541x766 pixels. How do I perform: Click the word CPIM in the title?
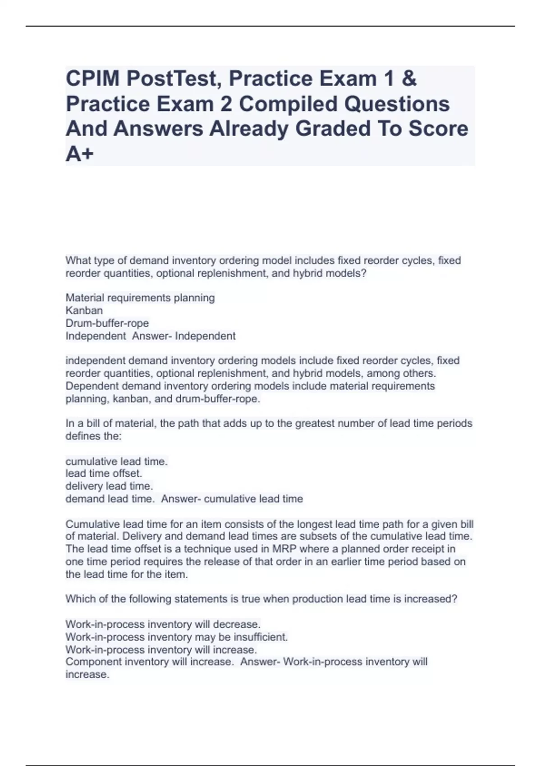[92, 79]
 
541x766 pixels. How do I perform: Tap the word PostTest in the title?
[175, 79]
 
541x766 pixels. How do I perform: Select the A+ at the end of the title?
[80, 154]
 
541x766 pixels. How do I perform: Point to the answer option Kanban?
[84, 310]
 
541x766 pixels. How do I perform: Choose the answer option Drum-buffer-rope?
[107, 323]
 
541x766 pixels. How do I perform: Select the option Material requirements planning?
[140, 298]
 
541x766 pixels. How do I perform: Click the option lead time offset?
[104, 474]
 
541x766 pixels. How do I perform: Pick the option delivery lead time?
[109, 486]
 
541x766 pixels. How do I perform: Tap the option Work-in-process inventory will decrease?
[163, 625]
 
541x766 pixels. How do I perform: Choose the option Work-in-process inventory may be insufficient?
[176, 637]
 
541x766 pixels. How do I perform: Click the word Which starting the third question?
[79, 599]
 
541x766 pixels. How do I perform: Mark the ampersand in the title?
[408, 79]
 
